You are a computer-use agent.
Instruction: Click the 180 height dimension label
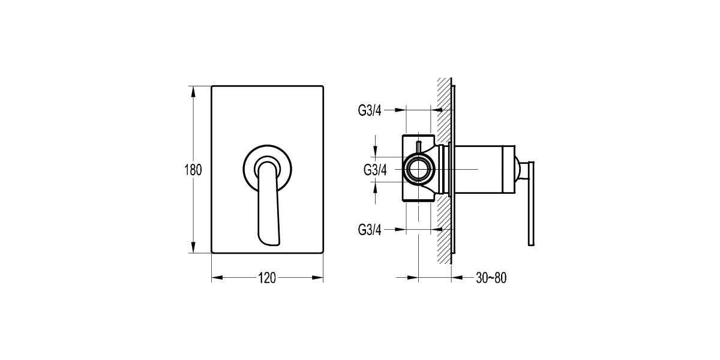click(x=192, y=170)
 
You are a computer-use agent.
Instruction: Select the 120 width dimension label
click(x=266, y=278)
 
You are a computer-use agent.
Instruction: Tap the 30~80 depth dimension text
click(x=491, y=278)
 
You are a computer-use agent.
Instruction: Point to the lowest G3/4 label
click(x=370, y=229)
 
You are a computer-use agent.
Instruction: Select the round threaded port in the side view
click(x=418, y=170)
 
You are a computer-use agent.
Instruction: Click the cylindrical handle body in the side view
click(x=486, y=170)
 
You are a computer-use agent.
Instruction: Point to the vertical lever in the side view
click(x=530, y=204)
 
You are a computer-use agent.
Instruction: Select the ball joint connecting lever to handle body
click(x=520, y=170)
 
